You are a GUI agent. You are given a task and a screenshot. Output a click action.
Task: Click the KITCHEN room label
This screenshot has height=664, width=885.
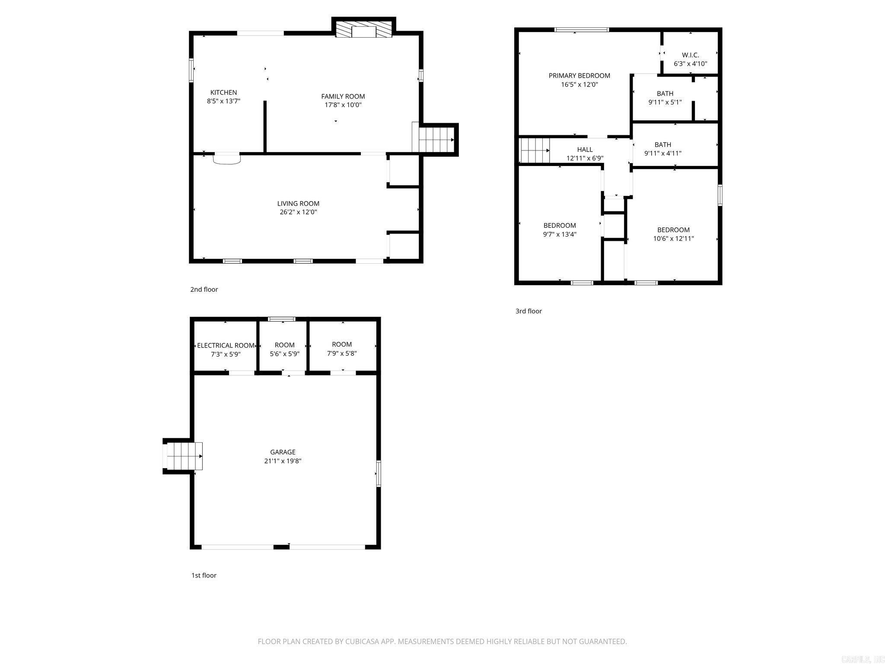click(x=223, y=93)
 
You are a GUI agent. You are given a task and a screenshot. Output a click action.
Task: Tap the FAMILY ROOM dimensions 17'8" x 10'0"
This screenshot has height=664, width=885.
click(x=343, y=105)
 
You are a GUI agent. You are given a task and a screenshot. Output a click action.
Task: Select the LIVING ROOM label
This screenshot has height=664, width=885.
click(x=298, y=204)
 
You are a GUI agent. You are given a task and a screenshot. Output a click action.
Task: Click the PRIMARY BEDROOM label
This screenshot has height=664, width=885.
click(x=579, y=76)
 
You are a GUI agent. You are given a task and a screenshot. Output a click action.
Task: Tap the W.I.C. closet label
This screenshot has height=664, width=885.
click(x=690, y=55)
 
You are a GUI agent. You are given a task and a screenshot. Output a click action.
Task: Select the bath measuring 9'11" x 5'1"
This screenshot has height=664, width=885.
click(x=665, y=98)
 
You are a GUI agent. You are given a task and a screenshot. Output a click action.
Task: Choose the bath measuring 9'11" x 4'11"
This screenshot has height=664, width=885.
click(x=662, y=149)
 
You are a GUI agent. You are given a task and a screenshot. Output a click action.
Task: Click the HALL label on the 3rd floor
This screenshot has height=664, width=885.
click(x=585, y=150)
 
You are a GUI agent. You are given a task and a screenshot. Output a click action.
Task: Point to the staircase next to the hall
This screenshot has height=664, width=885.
click(x=534, y=150)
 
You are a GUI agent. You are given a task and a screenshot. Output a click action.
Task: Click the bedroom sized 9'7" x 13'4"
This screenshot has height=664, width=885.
click(x=560, y=230)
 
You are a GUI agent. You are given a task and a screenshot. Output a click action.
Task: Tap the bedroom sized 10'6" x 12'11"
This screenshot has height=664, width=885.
click(x=673, y=234)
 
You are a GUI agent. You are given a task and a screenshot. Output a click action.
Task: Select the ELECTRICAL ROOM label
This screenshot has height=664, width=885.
click(x=226, y=345)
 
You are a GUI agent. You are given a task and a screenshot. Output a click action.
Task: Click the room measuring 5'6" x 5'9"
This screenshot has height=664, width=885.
click(x=284, y=349)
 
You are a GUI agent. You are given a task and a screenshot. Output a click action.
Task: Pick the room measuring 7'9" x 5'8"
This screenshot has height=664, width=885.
click(x=342, y=349)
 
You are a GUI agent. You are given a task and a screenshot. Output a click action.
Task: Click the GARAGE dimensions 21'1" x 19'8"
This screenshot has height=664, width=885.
click(x=283, y=461)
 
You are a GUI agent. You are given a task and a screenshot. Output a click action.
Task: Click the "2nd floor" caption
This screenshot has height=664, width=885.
click(x=204, y=290)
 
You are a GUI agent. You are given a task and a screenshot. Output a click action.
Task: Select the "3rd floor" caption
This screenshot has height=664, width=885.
click(x=528, y=311)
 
